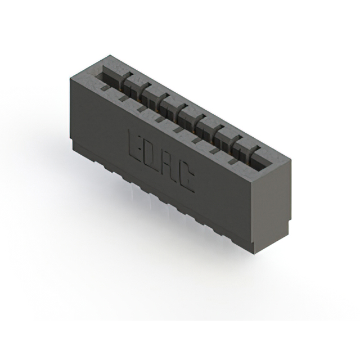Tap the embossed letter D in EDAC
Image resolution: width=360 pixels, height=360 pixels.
(x=152, y=157)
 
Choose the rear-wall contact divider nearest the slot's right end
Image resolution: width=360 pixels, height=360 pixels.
(x=256, y=150)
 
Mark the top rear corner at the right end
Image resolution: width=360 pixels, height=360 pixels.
(x=291, y=160)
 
